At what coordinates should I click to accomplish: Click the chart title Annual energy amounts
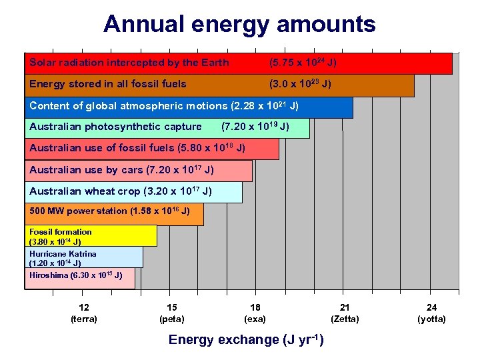coord(239,25)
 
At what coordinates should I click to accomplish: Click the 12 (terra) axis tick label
coord(84,313)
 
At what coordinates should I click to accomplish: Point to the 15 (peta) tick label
coord(172,313)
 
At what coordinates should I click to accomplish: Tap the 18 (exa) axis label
coord(255,313)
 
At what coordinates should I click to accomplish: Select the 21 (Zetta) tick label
coord(345,313)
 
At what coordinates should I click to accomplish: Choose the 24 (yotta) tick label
coord(432,313)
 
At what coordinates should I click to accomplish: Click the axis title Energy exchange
coord(246,340)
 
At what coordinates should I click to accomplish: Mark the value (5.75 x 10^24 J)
coord(302,63)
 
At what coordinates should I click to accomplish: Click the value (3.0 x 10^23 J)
coord(300,85)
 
